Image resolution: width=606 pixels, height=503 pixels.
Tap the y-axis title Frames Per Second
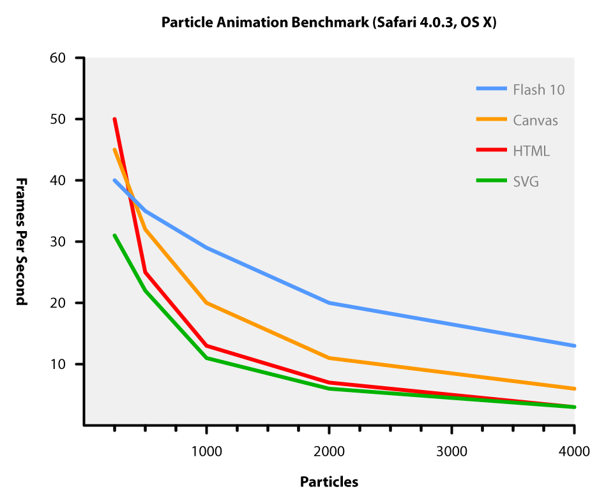[x=21, y=241]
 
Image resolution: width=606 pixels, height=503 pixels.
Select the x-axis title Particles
[x=329, y=482]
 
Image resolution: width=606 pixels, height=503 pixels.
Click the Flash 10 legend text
[x=538, y=89]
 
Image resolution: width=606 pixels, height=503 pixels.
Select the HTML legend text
[x=531, y=151]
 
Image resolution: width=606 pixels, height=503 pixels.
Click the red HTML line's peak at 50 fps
[x=114, y=119]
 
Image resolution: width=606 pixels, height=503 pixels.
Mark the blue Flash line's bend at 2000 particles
[x=329, y=303]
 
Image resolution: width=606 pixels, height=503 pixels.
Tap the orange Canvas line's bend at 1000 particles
[x=206, y=303]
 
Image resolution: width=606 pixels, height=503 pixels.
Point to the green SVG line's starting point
[x=114, y=236]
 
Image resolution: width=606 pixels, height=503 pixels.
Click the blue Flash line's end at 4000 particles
[x=574, y=345]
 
